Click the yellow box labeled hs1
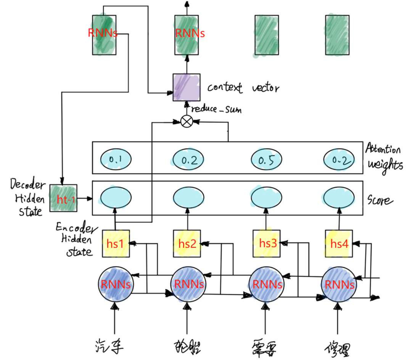tap(116, 243)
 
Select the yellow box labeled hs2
tap(187, 243)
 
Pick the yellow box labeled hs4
tap(339, 243)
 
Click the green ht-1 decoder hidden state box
tap(63, 198)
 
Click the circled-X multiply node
tap(187, 122)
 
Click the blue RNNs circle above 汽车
tap(116, 284)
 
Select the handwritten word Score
tap(380, 199)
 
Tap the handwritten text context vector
tap(243, 88)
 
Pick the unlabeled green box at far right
tap(337, 35)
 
